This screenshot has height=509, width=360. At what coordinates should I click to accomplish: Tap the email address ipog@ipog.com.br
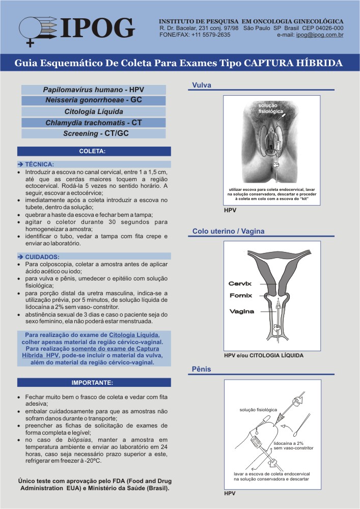click(319, 35)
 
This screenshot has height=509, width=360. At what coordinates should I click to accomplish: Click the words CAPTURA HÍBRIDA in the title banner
click(293, 63)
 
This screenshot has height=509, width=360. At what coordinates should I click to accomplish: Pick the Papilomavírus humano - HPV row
click(94, 90)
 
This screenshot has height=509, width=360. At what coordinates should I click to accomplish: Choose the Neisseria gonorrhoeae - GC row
click(94, 100)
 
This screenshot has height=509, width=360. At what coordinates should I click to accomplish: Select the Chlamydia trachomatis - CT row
click(94, 123)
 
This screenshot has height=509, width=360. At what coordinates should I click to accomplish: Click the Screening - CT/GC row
click(94, 133)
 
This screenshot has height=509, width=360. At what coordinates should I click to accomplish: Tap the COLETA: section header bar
click(94, 151)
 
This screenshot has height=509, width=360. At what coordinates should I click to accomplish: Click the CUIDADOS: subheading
click(40, 257)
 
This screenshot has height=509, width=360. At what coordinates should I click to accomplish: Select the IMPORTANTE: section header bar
click(94, 382)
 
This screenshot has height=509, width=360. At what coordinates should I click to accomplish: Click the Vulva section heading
click(202, 85)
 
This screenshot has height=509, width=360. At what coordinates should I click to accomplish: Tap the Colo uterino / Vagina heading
click(229, 232)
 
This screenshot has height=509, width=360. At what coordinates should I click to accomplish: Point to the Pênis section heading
click(202, 368)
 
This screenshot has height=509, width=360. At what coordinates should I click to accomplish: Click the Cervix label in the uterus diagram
click(240, 284)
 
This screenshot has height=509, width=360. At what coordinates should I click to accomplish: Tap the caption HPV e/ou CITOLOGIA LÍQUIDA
click(264, 355)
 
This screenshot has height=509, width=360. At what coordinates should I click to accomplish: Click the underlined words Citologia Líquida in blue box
click(134, 335)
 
